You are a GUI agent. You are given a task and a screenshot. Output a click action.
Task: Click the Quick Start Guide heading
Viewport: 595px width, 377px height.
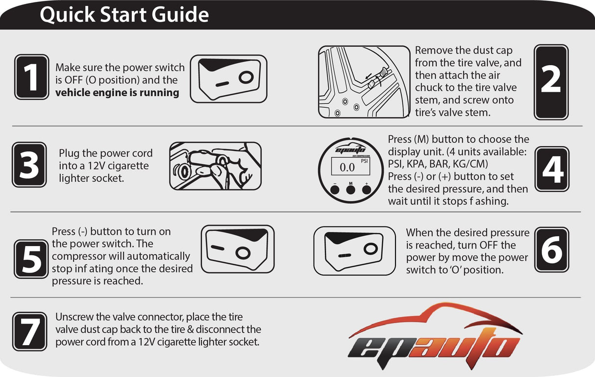coord(124,15)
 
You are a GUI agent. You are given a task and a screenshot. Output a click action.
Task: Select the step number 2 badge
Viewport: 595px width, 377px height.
coord(551,82)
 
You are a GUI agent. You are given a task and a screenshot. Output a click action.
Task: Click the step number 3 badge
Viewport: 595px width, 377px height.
coord(29,165)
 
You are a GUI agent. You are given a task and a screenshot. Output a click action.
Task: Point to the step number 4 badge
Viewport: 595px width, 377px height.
coord(552,169)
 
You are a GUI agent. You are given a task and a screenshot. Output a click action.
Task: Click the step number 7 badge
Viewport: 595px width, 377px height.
coord(30,331)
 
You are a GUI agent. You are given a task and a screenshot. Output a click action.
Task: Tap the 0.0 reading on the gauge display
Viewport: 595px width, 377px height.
coord(347,168)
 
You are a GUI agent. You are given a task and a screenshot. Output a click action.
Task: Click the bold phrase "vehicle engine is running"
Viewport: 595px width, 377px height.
coord(117,93)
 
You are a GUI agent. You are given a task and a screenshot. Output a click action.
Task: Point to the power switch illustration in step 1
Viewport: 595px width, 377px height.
coord(228,79)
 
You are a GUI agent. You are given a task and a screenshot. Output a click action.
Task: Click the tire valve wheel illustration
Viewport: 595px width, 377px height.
coord(364,82)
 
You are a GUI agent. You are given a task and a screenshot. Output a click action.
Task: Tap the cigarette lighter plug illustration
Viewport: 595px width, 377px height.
coord(215,166)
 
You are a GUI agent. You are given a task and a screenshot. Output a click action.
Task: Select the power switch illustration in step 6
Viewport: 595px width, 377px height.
coord(354,251)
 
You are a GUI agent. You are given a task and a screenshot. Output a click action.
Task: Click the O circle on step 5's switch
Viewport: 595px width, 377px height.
coord(242,252)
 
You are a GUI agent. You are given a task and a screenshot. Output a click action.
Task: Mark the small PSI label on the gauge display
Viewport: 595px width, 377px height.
coord(364,161)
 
